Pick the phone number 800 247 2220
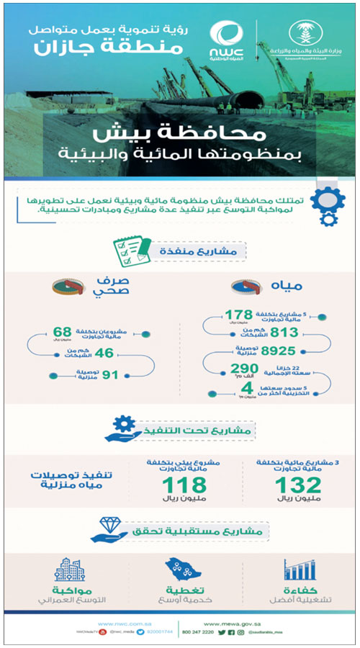220,631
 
